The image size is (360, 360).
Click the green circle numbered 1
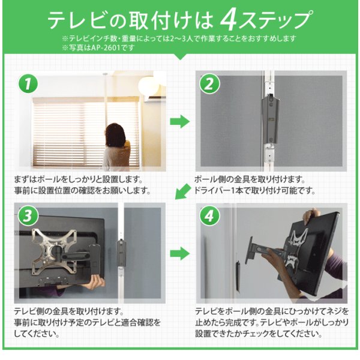click(28, 83)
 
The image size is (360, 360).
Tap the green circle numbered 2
click(209, 83)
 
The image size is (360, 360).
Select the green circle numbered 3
click(28, 216)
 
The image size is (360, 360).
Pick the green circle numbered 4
click(209, 216)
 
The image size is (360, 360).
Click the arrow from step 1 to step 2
click(180, 121)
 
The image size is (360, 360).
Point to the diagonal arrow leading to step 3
click(183, 191)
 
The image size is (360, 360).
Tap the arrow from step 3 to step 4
click(180, 254)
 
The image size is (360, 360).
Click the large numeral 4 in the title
click(229, 20)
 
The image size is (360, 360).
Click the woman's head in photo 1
click(115, 133)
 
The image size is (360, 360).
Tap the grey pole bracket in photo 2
click(270, 120)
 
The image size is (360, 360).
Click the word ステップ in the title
click(275, 20)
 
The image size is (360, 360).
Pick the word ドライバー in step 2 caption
click(211, 191)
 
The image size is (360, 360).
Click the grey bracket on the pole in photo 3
click(121, 253)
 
